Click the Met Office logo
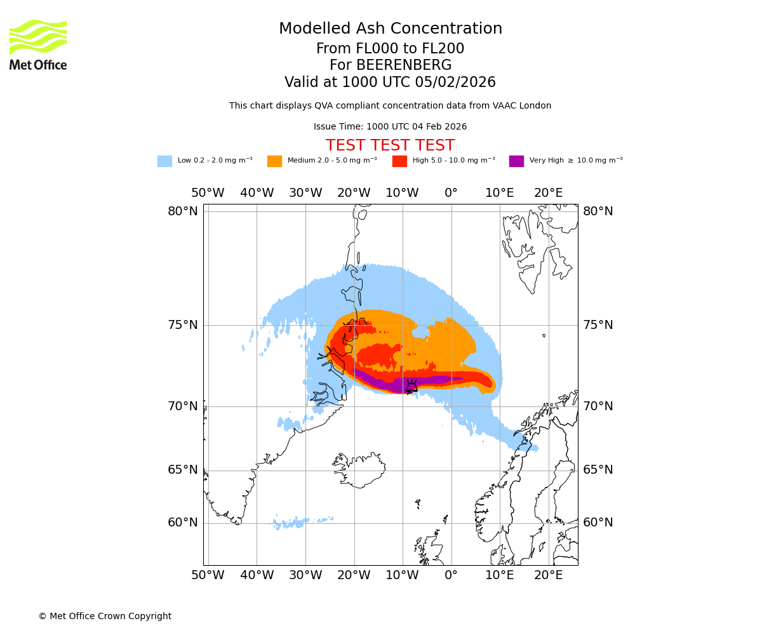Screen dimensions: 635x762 point(38,44)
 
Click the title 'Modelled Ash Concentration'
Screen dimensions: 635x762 point(391,29)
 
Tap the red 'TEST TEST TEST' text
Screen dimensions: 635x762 point(390,145)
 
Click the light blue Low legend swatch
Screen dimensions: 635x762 point(164,161)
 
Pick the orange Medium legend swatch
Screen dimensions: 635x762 point(274,161)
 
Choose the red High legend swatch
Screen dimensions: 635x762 point(399,161)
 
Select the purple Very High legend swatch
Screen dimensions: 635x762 point(516,161)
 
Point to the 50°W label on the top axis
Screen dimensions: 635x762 point(208,193)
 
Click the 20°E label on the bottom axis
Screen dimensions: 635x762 point(548,575)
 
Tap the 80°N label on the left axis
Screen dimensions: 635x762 point(183,211)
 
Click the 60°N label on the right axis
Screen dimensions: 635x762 point(598,523)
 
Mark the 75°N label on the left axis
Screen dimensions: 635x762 point(183,325)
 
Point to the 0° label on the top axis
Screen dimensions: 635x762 point(451,193)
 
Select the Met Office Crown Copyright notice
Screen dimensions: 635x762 point(105,616)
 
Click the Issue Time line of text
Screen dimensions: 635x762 point(390,126)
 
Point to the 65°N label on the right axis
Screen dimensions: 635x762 point(598,470)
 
